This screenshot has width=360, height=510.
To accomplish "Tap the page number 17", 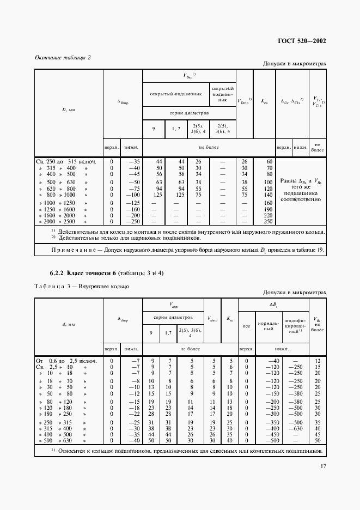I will click(x=323, y=466).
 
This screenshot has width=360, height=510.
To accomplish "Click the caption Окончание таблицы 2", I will click(x=63, y=57).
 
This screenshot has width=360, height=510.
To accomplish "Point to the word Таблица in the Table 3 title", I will click(x=48, y=286).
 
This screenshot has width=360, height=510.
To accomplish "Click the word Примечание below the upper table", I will click(x=63, y=250).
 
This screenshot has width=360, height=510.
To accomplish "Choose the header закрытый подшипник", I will click(x=222, y=93).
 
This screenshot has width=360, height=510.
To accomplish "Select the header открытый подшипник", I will click(x=175, y=93).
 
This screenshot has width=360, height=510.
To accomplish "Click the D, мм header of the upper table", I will click(x=68, y=109).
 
